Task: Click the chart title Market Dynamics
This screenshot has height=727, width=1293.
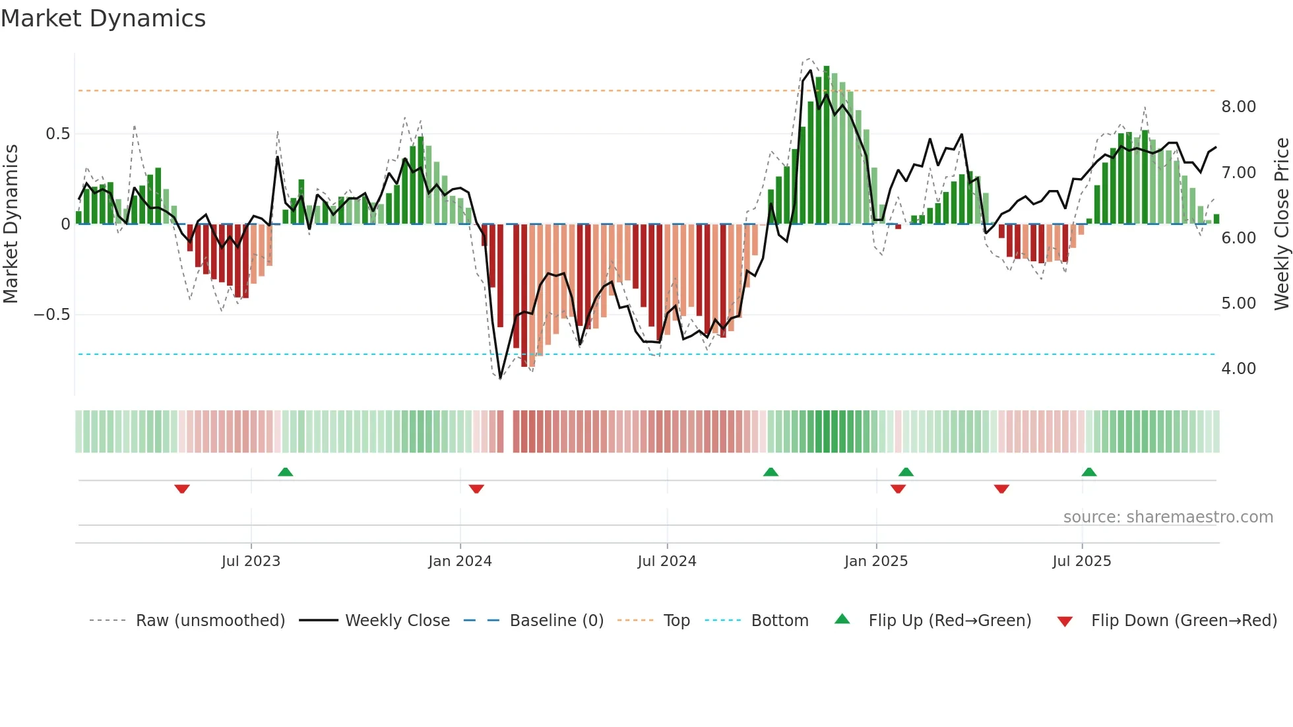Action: (x=103, y=18)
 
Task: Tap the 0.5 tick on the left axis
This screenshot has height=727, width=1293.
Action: (x=57, y=134)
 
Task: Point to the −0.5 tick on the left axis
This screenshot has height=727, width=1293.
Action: (x=51, y=315)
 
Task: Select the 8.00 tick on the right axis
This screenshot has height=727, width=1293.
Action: (x=1238, y=107)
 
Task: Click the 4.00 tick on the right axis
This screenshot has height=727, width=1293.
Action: (x=1238, y=369)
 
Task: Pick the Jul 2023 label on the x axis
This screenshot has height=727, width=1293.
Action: (x=251, y=561)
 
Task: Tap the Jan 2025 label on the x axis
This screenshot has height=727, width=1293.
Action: (x=876, y=561)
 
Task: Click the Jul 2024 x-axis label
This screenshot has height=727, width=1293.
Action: (x=667, y=561)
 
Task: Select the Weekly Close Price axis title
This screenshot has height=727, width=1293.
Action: (x=1281, y=224)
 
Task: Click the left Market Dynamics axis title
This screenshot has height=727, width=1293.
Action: (x=11, y=224)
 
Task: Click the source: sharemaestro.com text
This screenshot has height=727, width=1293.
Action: (x=1168, y=517)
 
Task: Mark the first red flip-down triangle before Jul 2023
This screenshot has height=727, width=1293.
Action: (x=182, y=489)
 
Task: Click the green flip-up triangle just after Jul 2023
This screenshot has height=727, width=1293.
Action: (x=285, y=472)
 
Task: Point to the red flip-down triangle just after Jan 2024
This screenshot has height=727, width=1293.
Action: (x=476, y=489)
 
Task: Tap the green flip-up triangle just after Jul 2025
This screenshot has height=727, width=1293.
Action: (x=1089, y=472)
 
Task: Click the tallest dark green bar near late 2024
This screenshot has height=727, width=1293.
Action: (x=827, y=145)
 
